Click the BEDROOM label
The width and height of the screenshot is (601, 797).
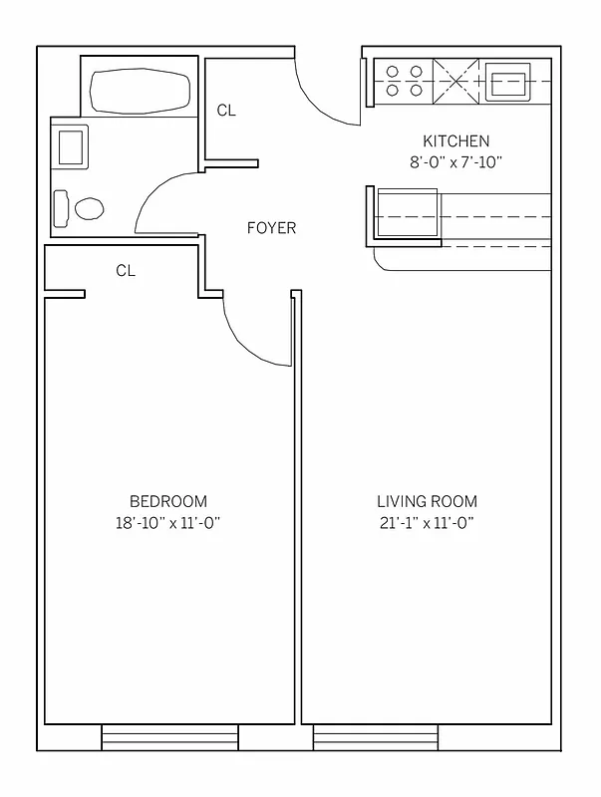coord(168,501)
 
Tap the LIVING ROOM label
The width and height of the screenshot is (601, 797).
coord(427,501)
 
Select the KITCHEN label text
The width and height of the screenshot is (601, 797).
coord(455,141)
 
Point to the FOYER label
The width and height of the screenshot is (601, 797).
coord(271,228)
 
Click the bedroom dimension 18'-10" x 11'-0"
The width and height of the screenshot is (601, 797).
coord(168,523)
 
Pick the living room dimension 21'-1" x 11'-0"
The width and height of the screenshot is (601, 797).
coord(427,523)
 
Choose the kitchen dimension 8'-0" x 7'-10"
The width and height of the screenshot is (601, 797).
coord(455,162)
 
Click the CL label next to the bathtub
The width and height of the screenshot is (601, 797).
coord(226,111)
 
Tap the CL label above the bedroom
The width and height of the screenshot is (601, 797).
coord(126,270)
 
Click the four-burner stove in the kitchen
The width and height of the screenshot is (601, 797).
coord(404,81)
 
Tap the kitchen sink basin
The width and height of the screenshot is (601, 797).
coord(510,81)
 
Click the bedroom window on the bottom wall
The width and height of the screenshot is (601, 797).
coord(170,738)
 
